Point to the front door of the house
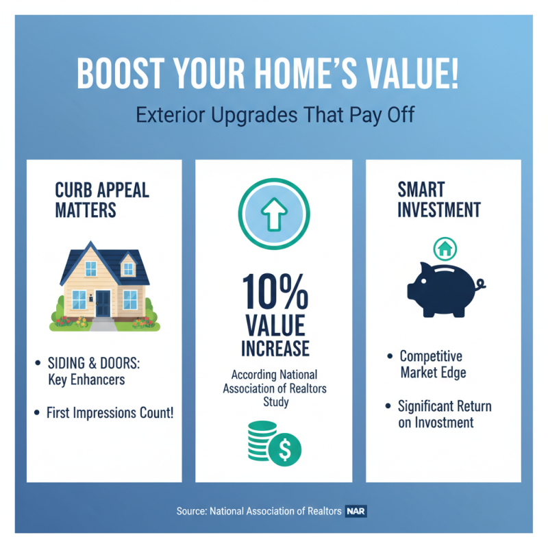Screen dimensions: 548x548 [103, 302]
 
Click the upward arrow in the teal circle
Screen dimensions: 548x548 [273, 214]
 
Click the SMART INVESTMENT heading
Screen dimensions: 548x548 [438, 199]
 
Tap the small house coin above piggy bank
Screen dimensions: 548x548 [445, 249]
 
